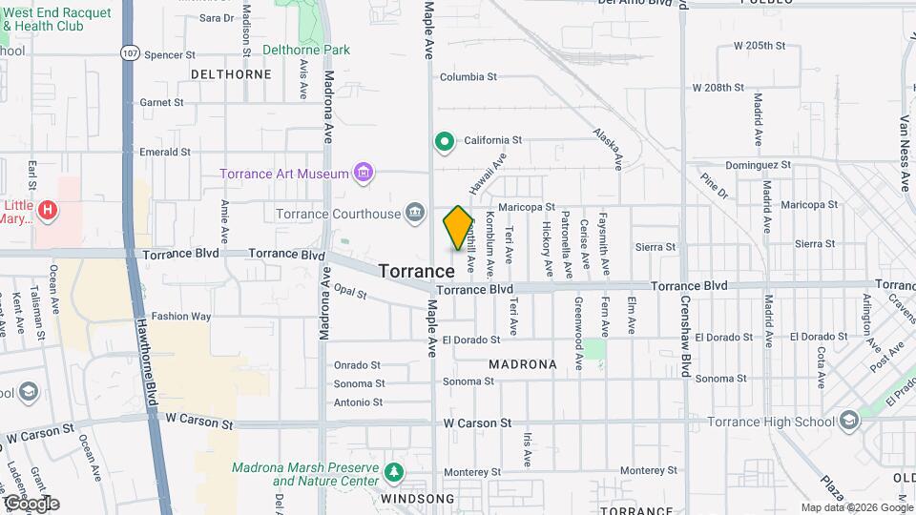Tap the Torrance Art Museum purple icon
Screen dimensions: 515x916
363,173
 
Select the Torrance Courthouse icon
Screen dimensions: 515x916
414,212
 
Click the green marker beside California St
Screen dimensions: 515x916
444,142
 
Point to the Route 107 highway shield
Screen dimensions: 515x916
130,53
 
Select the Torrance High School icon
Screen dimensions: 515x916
847,422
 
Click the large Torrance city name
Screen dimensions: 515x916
416,271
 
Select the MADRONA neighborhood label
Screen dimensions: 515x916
522,364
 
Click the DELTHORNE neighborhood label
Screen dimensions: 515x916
232,73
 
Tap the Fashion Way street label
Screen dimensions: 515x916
180,317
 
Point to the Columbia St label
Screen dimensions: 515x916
468,77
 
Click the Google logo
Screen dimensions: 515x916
31,504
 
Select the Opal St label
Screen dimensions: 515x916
350,294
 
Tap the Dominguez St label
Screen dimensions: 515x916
760,164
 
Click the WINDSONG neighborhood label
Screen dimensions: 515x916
418,499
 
